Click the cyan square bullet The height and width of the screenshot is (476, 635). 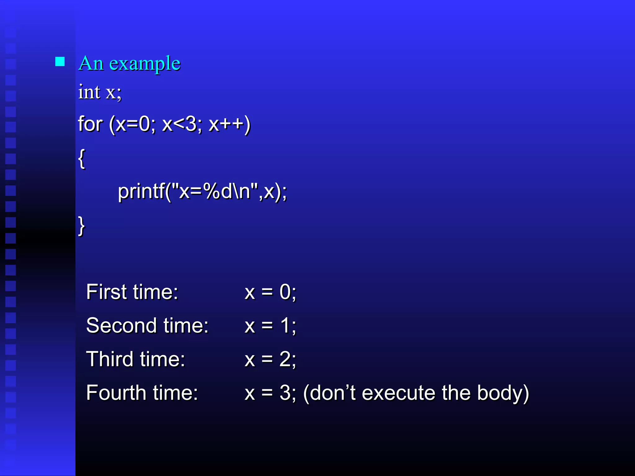coord(60,62)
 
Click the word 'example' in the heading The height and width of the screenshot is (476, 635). coord(145,64)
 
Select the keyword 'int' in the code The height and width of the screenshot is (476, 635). coord(89,92)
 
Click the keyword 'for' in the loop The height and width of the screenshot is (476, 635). coord(90,124)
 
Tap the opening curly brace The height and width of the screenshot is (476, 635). coord(82,159)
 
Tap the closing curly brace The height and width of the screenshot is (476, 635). coord(82,226)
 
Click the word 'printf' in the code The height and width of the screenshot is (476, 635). coord(141,191)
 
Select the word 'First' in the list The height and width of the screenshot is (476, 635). coord(106,292)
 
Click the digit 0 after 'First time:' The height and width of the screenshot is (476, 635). coord(285,292)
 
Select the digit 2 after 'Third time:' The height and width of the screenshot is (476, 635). coord(285,359)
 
